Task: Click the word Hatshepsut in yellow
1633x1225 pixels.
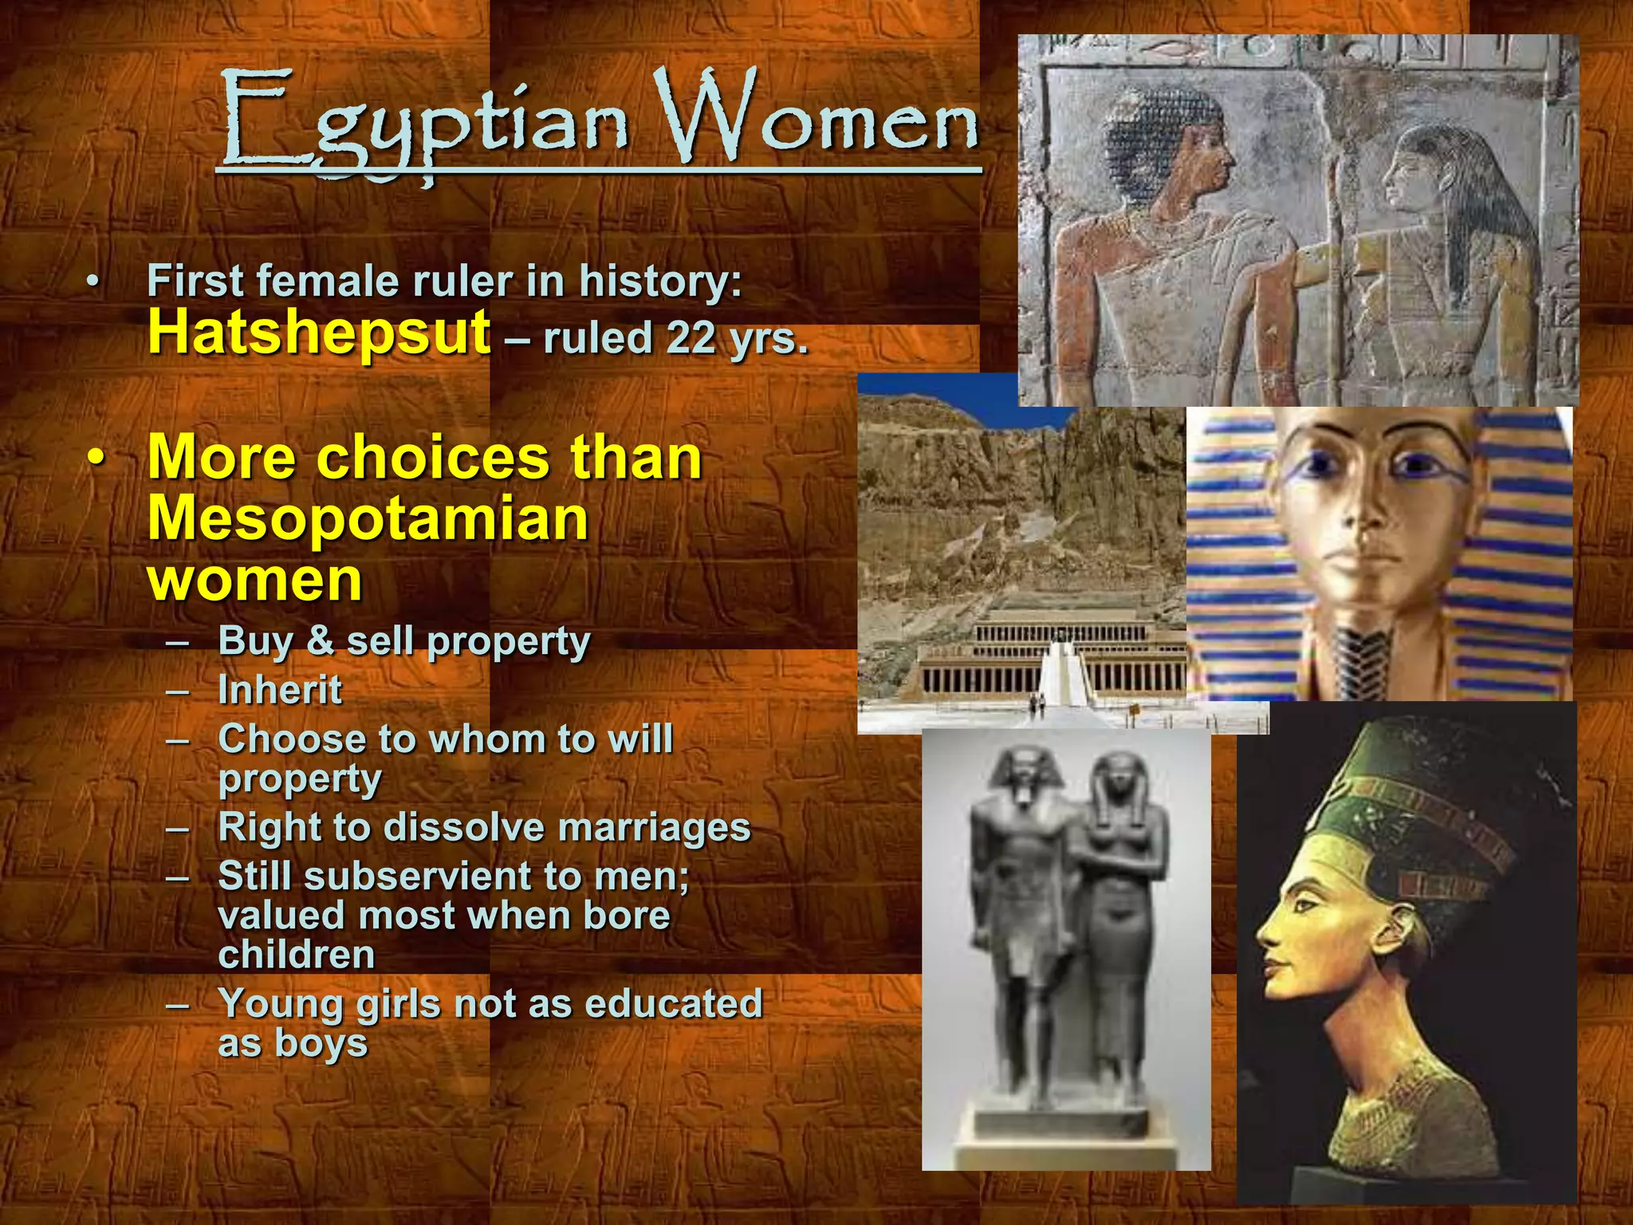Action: pyautogui.click(x=319, y=333)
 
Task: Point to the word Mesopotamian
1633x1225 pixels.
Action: pyautogui.click(x=368, y=518)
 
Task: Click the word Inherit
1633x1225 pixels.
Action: pyautogui.click(x=280, y=691)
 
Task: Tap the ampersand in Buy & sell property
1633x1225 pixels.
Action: pyautogui.click(x=320, y=640)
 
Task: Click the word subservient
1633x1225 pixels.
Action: pyautogui.click(x=419, y=876)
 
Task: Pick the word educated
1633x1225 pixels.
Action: pyautogui.click(x=674, y=1004)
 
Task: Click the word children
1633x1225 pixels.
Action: pyautogui.click(x=297, y=955)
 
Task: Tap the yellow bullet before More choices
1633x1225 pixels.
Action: pyautogui.click(x=96, y=460)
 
